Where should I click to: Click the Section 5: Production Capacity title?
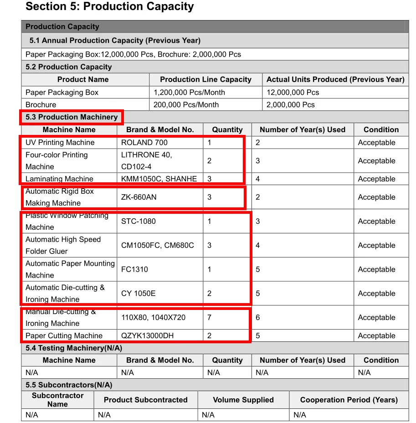pyautogui.click(x=110, y=7)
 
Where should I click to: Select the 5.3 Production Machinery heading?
pyautogui.click(x=72, y=117)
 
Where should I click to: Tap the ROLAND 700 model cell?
pyautogui.click(x=144, y=143)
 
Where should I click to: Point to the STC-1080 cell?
pyautogui.click(x=139, y=222)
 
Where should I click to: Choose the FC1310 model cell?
pyautogui.click(x=134, y=269)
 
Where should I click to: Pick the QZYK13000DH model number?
pyautogui.click(x=147, y=336)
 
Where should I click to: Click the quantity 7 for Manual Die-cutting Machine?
pyautogui.click(x=209, y=318)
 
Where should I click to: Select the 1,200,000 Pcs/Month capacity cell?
pyautogui.click(x=189, y=93)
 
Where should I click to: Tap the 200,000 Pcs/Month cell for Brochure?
pyautogui.click(x=186, y=105)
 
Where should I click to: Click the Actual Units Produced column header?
pyautogui.click(x=335, y=79)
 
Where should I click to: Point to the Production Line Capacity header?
pyautogui.click(x=205, y=79)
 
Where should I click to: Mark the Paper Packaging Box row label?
pyautogui.click(x=62, y=93)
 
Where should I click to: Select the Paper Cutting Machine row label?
pyautogui.click(x=64, y=336)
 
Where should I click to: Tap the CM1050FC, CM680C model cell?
pyautogui.click(x=158, y=246)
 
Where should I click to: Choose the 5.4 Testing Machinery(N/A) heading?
pyautogui.click(x=74, y=348)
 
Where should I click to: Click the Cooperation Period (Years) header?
pyautogui.click(x=349, y=400)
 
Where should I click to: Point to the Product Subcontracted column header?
pyautogui.click(x=145, y=400)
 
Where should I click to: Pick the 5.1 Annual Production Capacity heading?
pyautogui.click(x=115, y=41)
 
